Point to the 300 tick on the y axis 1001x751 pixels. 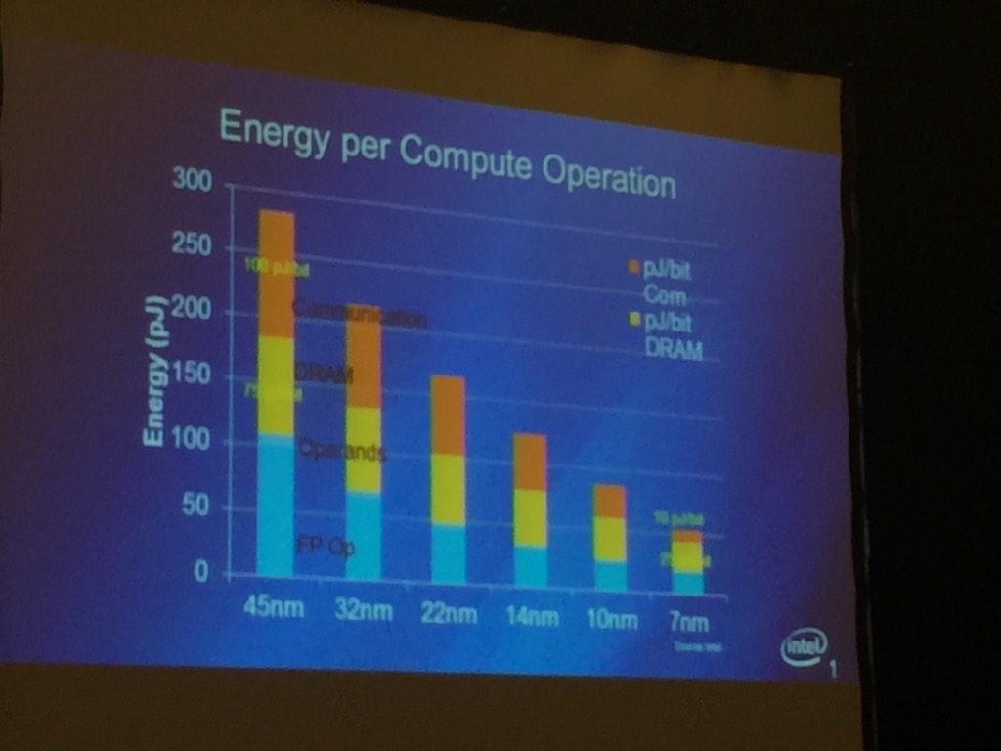click(x=192, y=180)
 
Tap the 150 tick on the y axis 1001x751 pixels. click(x=192, y=376)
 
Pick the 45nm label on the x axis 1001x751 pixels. click(x=274, y=607)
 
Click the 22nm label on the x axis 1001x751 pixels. click(x=449, y=614)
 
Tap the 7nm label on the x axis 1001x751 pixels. click(x=688, y=622)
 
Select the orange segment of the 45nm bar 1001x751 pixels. click(x=276, y=274)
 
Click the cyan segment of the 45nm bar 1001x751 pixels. click(x=276, y=504)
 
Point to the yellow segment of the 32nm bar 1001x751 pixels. click(x=363, y=450)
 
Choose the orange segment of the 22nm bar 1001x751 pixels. click(x=448, y=415)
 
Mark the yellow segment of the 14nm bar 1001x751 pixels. click(x=530, y=518)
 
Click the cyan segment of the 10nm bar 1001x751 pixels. click(x=610, y=576)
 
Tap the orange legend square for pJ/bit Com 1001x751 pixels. click(x=633, y=267)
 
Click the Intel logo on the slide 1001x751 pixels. click(x=804, y=646)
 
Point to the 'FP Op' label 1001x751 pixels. click(x=326, y=547)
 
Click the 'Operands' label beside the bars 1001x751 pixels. click(x=342, y=451)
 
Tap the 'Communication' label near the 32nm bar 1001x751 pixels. click(x=360, y=315)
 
